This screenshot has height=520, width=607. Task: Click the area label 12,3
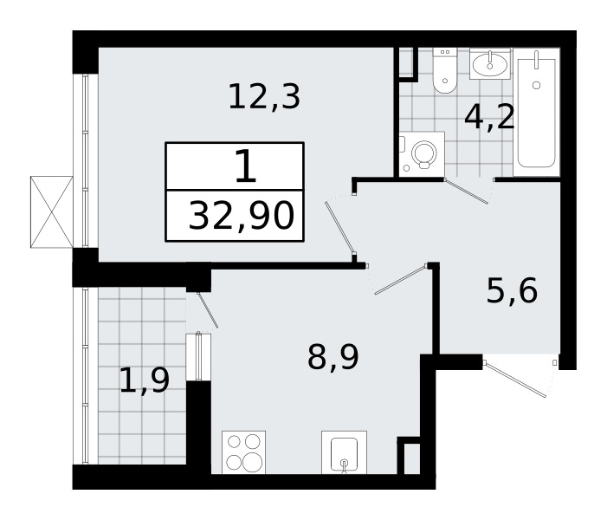(264, 97)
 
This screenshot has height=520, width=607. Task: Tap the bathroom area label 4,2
(489, 116)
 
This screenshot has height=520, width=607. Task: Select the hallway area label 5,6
(511, 291)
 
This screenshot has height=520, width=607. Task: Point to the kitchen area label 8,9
(333, 355)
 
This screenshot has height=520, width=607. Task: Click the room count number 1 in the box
(245, 166)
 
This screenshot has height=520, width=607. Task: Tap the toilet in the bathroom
(444, 71)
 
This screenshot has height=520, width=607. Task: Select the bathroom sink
(492, 64)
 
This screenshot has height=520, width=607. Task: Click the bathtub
(536, 111)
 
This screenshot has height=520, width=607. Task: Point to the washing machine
(422, 154)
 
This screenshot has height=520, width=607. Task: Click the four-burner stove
(244, 452)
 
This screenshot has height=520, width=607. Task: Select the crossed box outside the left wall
(51, 211)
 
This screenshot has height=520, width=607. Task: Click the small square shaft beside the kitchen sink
(409, 457)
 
